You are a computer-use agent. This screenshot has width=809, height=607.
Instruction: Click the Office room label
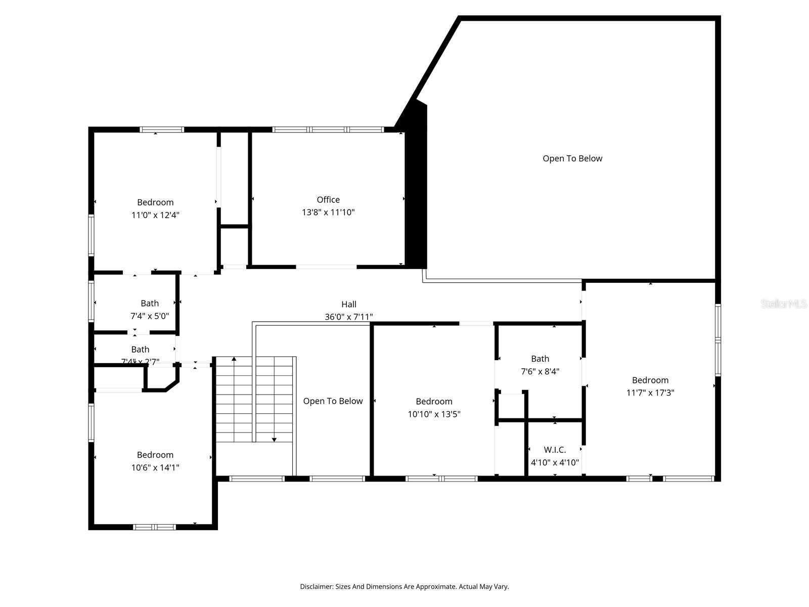pos(328,200)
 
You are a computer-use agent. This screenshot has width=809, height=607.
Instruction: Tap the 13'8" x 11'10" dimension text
pos(328,212)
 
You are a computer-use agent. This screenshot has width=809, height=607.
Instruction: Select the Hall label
pos(348,304)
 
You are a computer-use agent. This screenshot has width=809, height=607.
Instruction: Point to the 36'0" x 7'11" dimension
pos(348,317)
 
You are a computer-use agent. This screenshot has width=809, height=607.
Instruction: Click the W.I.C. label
pos(555,450)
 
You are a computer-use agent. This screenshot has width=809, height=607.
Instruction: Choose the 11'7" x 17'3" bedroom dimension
pos(650,393)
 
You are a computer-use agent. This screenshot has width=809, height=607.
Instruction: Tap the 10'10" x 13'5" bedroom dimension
pos(434,414)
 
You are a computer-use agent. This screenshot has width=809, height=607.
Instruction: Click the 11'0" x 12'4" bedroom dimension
pos(155,215)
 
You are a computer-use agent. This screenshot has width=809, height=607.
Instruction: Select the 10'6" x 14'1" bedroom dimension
pos(155,467)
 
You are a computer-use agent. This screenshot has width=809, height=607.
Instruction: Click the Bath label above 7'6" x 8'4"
pos(540,359)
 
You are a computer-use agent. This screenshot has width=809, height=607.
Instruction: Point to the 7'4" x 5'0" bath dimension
pos(150,316)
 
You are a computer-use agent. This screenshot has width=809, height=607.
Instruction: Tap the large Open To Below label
pos(572,158)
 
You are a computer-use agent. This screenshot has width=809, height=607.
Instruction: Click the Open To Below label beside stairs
pos(333,401)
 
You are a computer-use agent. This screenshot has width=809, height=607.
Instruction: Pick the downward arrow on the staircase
pos(274,439)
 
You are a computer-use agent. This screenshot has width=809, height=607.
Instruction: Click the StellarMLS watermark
pos(783,304)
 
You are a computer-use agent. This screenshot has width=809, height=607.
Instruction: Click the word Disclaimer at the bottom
pos(316,587)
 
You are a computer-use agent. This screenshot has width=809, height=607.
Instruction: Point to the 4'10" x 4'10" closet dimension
pos(555,462)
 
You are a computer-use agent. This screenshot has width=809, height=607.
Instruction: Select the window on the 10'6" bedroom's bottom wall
pos(154,527)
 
